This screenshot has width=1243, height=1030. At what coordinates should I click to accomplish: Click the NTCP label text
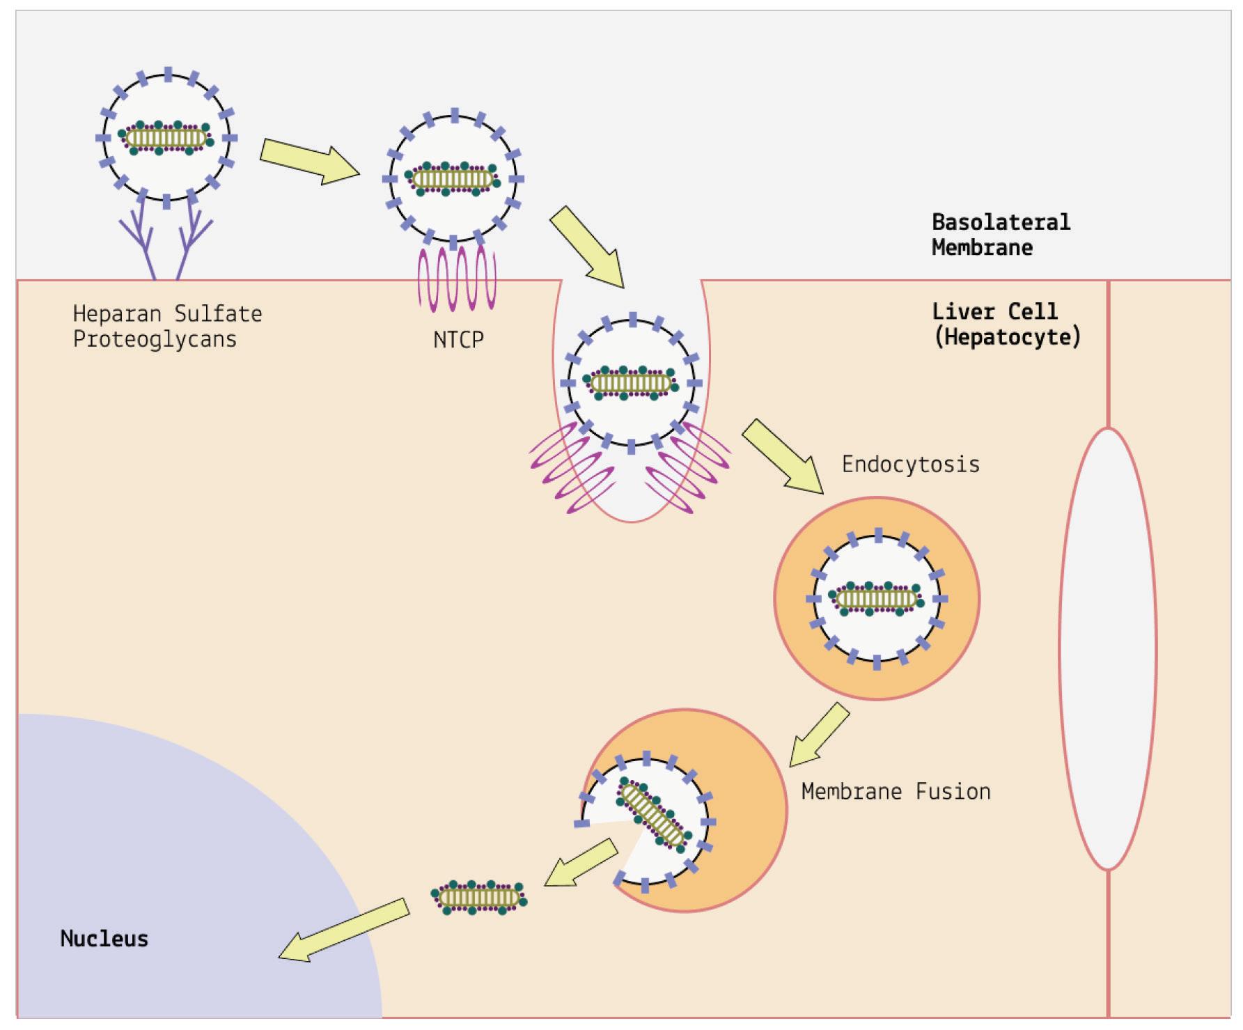click(x=458, y=340)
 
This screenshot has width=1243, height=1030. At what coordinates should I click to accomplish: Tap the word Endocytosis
click(x=910, y=465)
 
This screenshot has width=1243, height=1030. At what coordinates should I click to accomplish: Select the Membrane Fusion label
click(x=896, y=792)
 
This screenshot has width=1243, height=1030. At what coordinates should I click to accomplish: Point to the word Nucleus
click(x=104, y=939)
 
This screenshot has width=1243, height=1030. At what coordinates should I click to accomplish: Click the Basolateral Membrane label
click(x=1001, y=235)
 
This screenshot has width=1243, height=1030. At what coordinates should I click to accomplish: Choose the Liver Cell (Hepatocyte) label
click(x=1006, y=324)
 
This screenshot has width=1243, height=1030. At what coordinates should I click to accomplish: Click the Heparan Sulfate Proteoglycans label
click(x=167, y=327)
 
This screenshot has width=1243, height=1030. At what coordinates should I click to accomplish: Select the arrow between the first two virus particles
click(x=309, y=161)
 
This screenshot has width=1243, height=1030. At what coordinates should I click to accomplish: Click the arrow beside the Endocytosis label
click(x=783, y=457)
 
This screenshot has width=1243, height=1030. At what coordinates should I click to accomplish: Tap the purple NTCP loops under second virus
click(x=457, y=279)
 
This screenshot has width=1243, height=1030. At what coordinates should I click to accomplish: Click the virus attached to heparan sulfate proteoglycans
click(x=167, y=137)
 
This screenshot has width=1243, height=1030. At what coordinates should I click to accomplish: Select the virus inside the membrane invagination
click(x=631, y=383)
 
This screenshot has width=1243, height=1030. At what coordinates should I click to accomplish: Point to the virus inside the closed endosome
click(x=877, y=598)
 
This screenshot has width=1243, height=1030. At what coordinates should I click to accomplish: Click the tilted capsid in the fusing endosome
click(x=655, y=815)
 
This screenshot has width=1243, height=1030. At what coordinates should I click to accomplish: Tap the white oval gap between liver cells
click(x=1107, y=648)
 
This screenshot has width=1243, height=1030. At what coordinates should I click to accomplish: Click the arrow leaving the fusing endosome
click(x=580, y=863)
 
